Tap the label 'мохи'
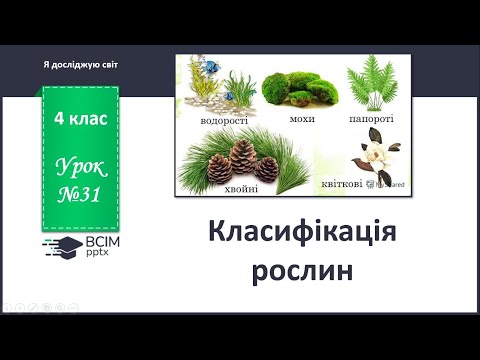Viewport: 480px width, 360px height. click(302, 118)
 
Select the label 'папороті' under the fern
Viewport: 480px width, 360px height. click(372, 118)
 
